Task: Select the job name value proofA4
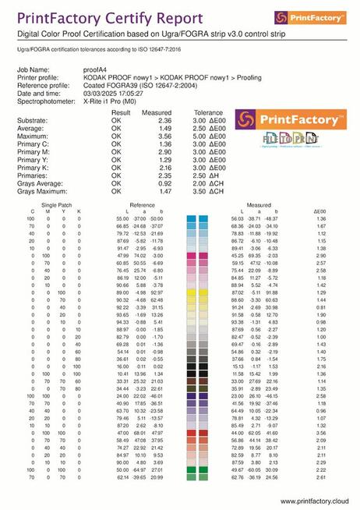(96, 69)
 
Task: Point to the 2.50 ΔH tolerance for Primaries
(209, 175)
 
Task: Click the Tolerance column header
(207, 112)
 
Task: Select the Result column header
(121, 112)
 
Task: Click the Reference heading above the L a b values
(142, 203)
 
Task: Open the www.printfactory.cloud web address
(312, 501)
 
